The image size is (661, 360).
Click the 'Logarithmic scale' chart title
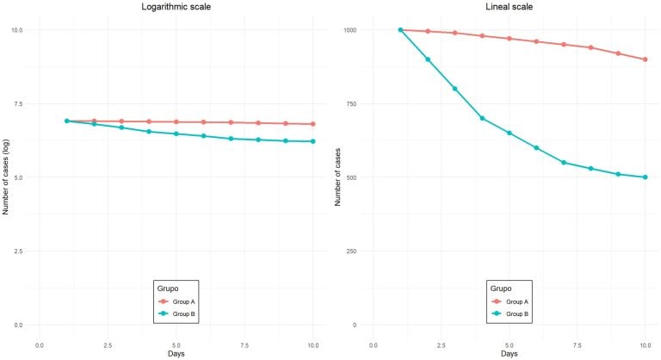pyautogui.click(x=176, y=7)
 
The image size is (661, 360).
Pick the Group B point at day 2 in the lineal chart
pyautogui.click(x=428, y=59)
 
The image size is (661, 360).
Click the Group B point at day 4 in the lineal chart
pyautogui.click(x=483, y=118)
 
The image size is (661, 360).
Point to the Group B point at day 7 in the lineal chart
pyautogui.click(x=565, y=163)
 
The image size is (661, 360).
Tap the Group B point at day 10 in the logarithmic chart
pyautogui.click(x=313, y=141)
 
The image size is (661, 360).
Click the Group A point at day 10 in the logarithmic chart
pyautogui.click(x=313, y=124)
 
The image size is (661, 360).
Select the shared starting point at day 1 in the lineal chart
pyautogui.click(x=400, y=30)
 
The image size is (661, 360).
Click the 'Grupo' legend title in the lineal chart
pyautogui.click(x=501, y=288)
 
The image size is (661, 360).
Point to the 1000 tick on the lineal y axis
pyautogui.click(x=349, y=30)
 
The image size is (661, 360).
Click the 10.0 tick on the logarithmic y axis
pyautogui.click(x=16, y=30)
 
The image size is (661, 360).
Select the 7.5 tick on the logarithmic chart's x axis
pyautogui.click(x=244, y=344)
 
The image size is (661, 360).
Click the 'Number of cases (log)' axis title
pyautogui.click(x=6, y=177)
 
